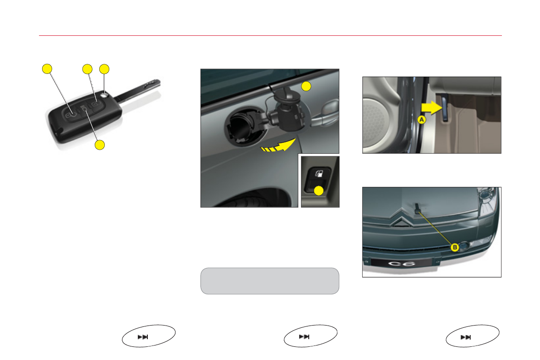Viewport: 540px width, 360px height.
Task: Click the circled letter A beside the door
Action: tap(422, 120)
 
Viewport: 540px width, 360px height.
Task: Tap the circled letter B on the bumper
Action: tap(455, 248)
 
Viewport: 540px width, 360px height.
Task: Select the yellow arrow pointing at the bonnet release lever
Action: tap(432, 108)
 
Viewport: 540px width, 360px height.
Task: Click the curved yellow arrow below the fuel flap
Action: tap(278, 145)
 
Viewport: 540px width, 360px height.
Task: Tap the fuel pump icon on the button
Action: tap(319, 173)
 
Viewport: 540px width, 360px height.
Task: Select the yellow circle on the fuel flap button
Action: tap(319, 190)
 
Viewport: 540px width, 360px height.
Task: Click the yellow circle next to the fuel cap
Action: tap(306, 86)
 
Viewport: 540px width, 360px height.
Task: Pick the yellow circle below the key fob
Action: tap(100, 145)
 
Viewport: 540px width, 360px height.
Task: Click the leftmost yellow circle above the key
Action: tap(47, 69)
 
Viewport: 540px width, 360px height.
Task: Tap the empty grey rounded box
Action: tap(270, 281)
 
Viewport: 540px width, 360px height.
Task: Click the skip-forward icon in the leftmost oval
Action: tap(142, 337)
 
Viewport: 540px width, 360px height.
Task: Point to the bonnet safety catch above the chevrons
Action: tap(418, 208)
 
